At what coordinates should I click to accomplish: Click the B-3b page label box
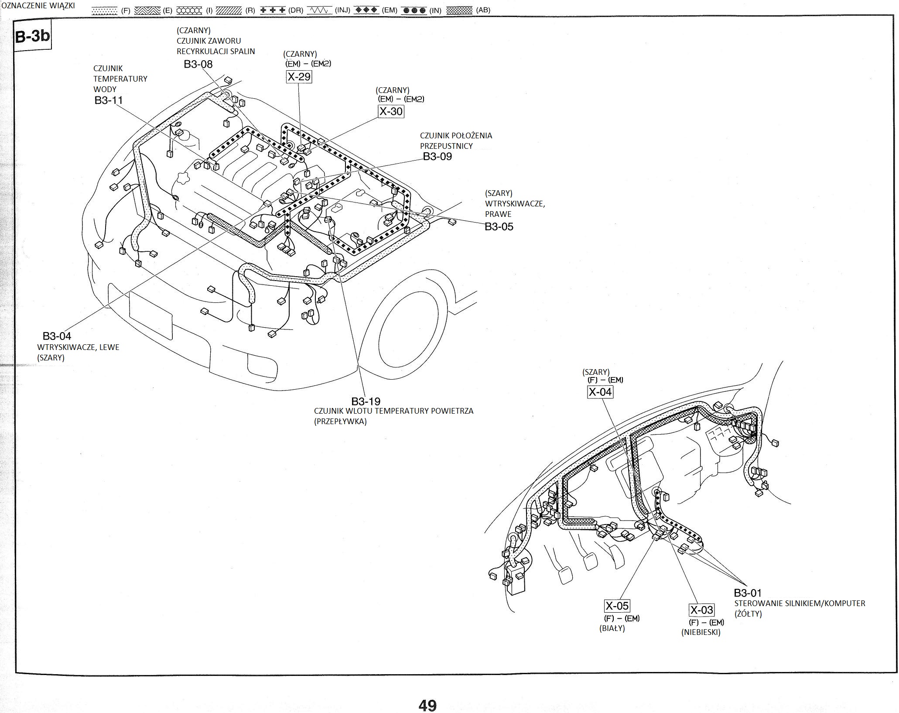[x=32, y=36]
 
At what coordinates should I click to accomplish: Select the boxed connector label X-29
[x=299, y=77]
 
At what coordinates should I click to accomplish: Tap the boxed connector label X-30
[x=390, y=111]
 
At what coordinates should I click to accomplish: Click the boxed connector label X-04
[x=600, y=392]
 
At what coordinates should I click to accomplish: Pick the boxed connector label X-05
[x=617, y=606]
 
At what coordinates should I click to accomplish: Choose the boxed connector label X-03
[x=701, y=610]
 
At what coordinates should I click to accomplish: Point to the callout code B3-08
[x=198, y=64]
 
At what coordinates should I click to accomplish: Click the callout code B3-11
[x=109, y=100]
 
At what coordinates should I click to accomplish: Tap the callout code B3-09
[x=437, y=156]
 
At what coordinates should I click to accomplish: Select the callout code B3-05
[x=499, y=226]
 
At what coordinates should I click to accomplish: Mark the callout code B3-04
[x=57, y=336]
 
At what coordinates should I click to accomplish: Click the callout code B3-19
[x=366, y=401]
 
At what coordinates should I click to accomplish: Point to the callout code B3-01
[x=748, y=593]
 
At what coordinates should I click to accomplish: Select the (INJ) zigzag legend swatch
[x=319, y=10]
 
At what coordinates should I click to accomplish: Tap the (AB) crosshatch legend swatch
[x=459, y=10]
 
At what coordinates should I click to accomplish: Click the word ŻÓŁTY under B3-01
[x=748, y=614]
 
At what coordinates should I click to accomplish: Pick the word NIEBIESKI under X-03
[x=701, y=632]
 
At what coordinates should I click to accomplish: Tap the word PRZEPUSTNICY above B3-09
[x=446, y=146]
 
